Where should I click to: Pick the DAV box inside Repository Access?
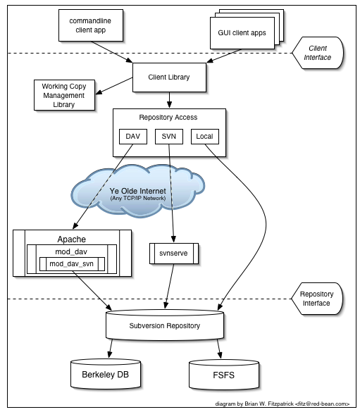coord(133,135)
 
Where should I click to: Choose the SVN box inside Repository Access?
coord(168,135)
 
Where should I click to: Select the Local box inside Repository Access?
coord(205,135)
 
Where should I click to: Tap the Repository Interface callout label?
coord(317,299)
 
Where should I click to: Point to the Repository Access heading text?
coord(168,117)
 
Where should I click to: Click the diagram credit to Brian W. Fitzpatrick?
coord(283,404)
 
